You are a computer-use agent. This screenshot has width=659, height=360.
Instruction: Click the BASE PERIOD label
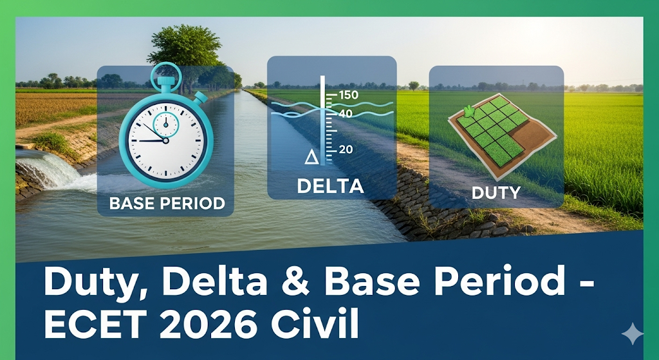(167, 204)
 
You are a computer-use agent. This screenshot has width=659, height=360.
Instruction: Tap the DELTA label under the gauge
(330, 186)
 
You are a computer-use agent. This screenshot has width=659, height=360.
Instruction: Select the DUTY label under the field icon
(496, 193)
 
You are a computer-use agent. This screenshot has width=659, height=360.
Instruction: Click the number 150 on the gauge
(348, 95)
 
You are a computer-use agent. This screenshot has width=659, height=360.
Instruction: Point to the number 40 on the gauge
(346, 113)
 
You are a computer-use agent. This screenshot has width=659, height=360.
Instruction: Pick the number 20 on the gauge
(346, 149)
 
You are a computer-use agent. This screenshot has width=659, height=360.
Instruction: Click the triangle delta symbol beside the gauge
(311, 157)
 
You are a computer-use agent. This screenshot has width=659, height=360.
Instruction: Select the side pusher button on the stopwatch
(201, 99)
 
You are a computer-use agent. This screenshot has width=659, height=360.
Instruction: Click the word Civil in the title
(315, 324)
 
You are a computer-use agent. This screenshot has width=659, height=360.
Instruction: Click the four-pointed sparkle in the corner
(633, 334)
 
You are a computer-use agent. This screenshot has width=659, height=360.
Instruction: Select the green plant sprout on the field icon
(469, 111)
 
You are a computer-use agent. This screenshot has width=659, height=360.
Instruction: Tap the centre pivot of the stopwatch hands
(165, 140)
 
